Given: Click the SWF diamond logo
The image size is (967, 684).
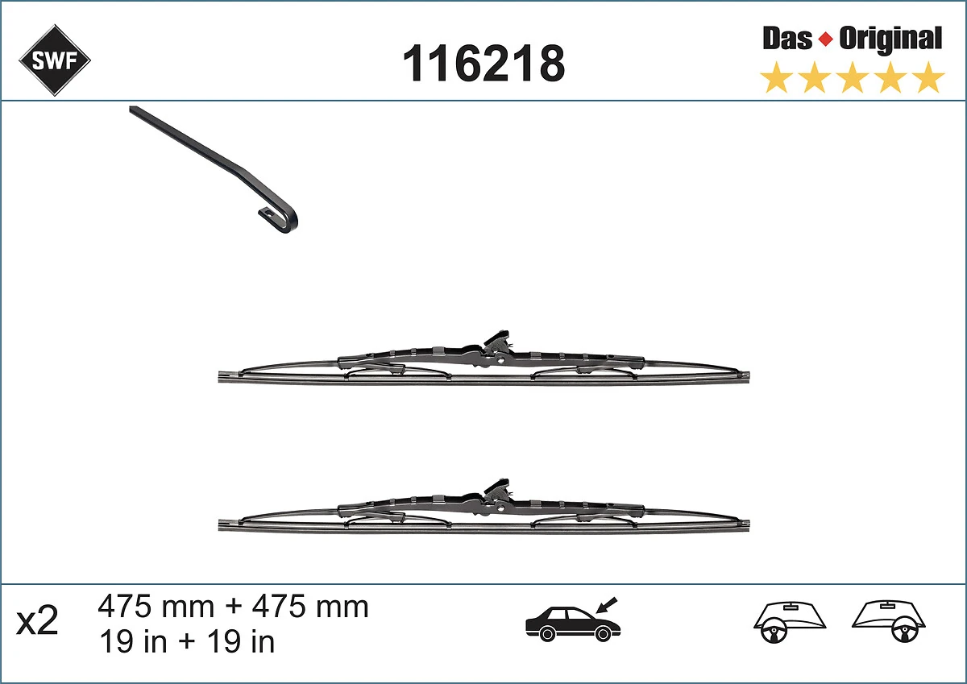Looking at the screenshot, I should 55,60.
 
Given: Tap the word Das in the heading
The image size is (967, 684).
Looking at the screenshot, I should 787,38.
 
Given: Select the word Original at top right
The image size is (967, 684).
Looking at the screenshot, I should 890,38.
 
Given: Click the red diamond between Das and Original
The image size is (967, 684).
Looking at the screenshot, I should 825,39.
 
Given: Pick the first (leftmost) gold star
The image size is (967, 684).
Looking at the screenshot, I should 776,78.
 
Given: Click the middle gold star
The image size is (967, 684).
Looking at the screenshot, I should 853,78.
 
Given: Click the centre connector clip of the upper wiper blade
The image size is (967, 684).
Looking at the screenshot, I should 494,346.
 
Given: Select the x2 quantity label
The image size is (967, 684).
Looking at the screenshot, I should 38,621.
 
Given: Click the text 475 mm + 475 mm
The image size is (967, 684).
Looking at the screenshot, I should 233,606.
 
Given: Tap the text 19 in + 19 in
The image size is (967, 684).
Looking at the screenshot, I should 186,641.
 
